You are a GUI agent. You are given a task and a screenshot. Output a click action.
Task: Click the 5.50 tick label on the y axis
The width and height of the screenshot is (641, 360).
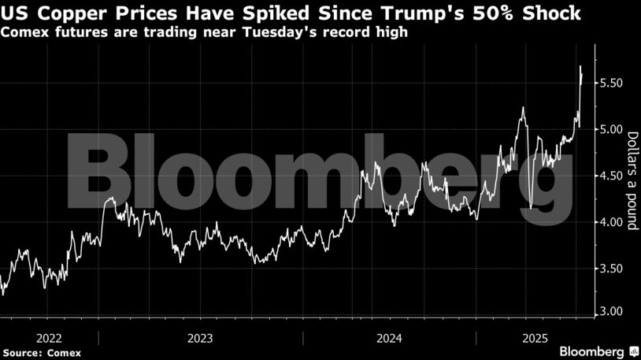(x=612, y=84)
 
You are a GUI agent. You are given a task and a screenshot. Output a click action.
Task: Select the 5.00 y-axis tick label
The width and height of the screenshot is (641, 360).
(x=612, y=130)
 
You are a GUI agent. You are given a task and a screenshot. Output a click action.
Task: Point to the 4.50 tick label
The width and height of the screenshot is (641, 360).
(x=612, y=176)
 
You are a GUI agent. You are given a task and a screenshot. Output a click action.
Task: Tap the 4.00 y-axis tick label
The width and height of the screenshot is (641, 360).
(x=612, y=223)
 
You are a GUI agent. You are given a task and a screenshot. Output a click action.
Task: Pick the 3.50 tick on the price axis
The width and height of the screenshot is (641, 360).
(x=612, y=269)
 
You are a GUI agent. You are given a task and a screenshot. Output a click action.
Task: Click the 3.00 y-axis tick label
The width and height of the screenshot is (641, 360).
(x=612, y=312)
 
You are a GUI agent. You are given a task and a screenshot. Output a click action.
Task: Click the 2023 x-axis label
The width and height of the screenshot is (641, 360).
(x=201, y=338)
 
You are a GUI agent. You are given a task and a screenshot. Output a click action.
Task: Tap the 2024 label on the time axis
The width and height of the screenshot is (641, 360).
(x=390, y=338)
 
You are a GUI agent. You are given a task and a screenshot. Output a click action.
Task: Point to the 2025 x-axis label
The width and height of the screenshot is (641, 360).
(x=534, y=338)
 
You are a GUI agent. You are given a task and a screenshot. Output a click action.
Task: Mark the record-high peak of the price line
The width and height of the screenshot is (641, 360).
(x=580, y=66)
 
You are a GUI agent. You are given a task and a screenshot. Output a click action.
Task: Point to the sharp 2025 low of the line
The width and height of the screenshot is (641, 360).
(x=532, y=208)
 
